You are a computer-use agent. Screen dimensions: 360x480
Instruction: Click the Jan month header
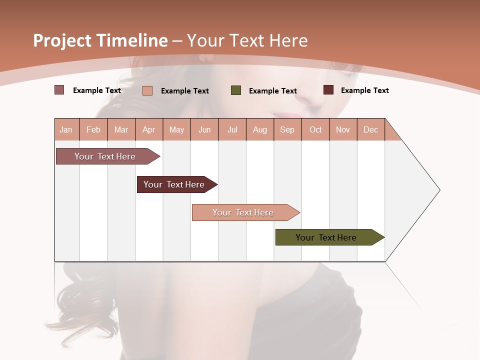click(x=66, y=129)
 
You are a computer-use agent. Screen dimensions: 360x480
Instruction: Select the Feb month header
click(x=93, y=129)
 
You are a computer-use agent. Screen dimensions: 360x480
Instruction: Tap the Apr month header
click(x=148, y=129)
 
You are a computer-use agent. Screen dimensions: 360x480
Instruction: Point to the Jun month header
click(x=204, y=129)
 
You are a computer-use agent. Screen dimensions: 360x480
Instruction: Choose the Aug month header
click(x=259, y=129)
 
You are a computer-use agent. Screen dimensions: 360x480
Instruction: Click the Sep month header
click(x=287, y=129)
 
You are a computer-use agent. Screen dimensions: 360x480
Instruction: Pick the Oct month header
click(x=315, y=129)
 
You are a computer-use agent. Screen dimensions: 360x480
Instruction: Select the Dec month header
click(x=370, y=129)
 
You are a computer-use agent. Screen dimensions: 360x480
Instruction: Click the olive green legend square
click(x=236, y=90)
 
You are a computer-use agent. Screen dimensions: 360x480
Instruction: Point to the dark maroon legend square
click(x=328, y=90)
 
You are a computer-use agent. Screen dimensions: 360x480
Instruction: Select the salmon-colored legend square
click(x=147, y=90)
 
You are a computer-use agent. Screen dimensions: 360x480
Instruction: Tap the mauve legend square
click(x=59, y=90)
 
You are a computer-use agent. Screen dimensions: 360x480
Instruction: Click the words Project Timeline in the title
click(x=100, y=40)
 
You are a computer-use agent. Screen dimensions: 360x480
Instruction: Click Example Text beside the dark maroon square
click(x=364, y=90)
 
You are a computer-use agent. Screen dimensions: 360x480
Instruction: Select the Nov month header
click(x=343, y=129)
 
